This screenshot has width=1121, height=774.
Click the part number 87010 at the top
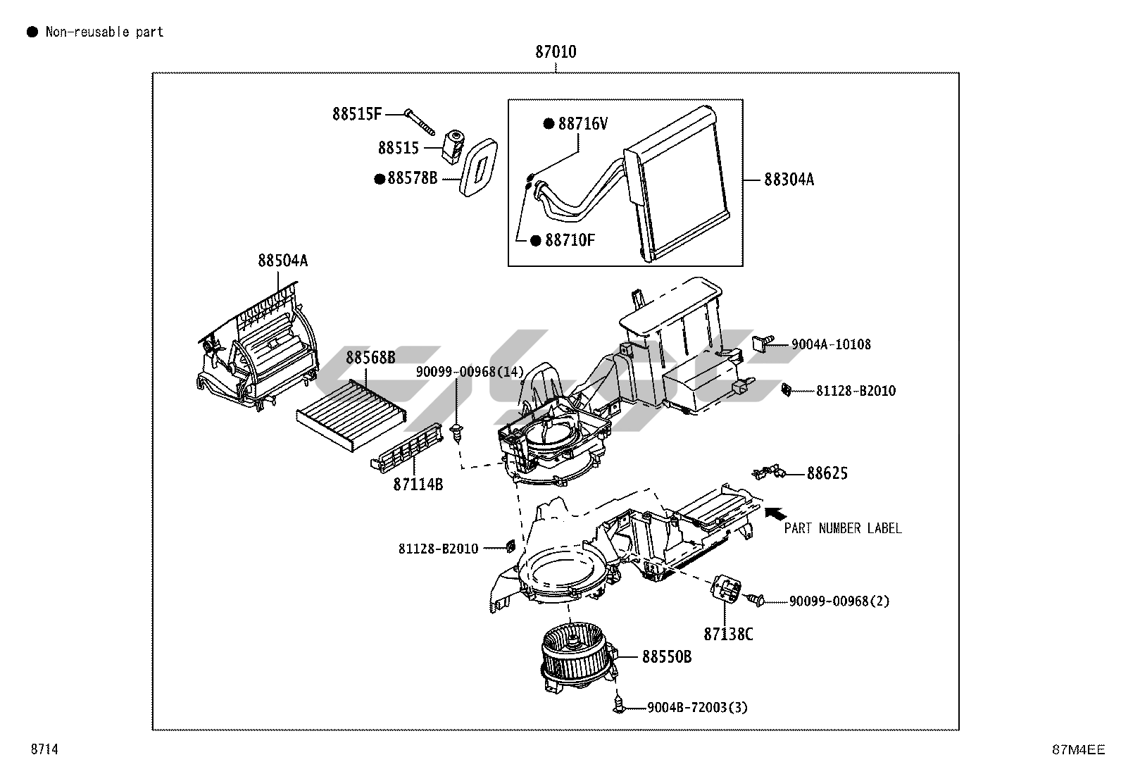556,52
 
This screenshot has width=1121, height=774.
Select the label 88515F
357,113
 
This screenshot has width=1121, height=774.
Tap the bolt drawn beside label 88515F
421,123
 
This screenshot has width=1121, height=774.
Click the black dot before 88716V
549,124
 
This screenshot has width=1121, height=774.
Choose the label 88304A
789,180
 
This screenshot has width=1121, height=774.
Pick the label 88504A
282,261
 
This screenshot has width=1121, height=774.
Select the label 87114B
418,484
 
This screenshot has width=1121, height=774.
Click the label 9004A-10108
831,344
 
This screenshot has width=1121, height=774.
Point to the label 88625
827,473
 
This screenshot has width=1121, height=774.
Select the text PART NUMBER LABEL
842,528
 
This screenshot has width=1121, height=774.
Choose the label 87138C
728,634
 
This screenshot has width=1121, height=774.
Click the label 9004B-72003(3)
697,707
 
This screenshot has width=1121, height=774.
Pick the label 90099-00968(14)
470,371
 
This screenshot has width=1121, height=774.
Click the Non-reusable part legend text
104,32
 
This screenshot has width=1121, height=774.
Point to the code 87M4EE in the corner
1078,750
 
